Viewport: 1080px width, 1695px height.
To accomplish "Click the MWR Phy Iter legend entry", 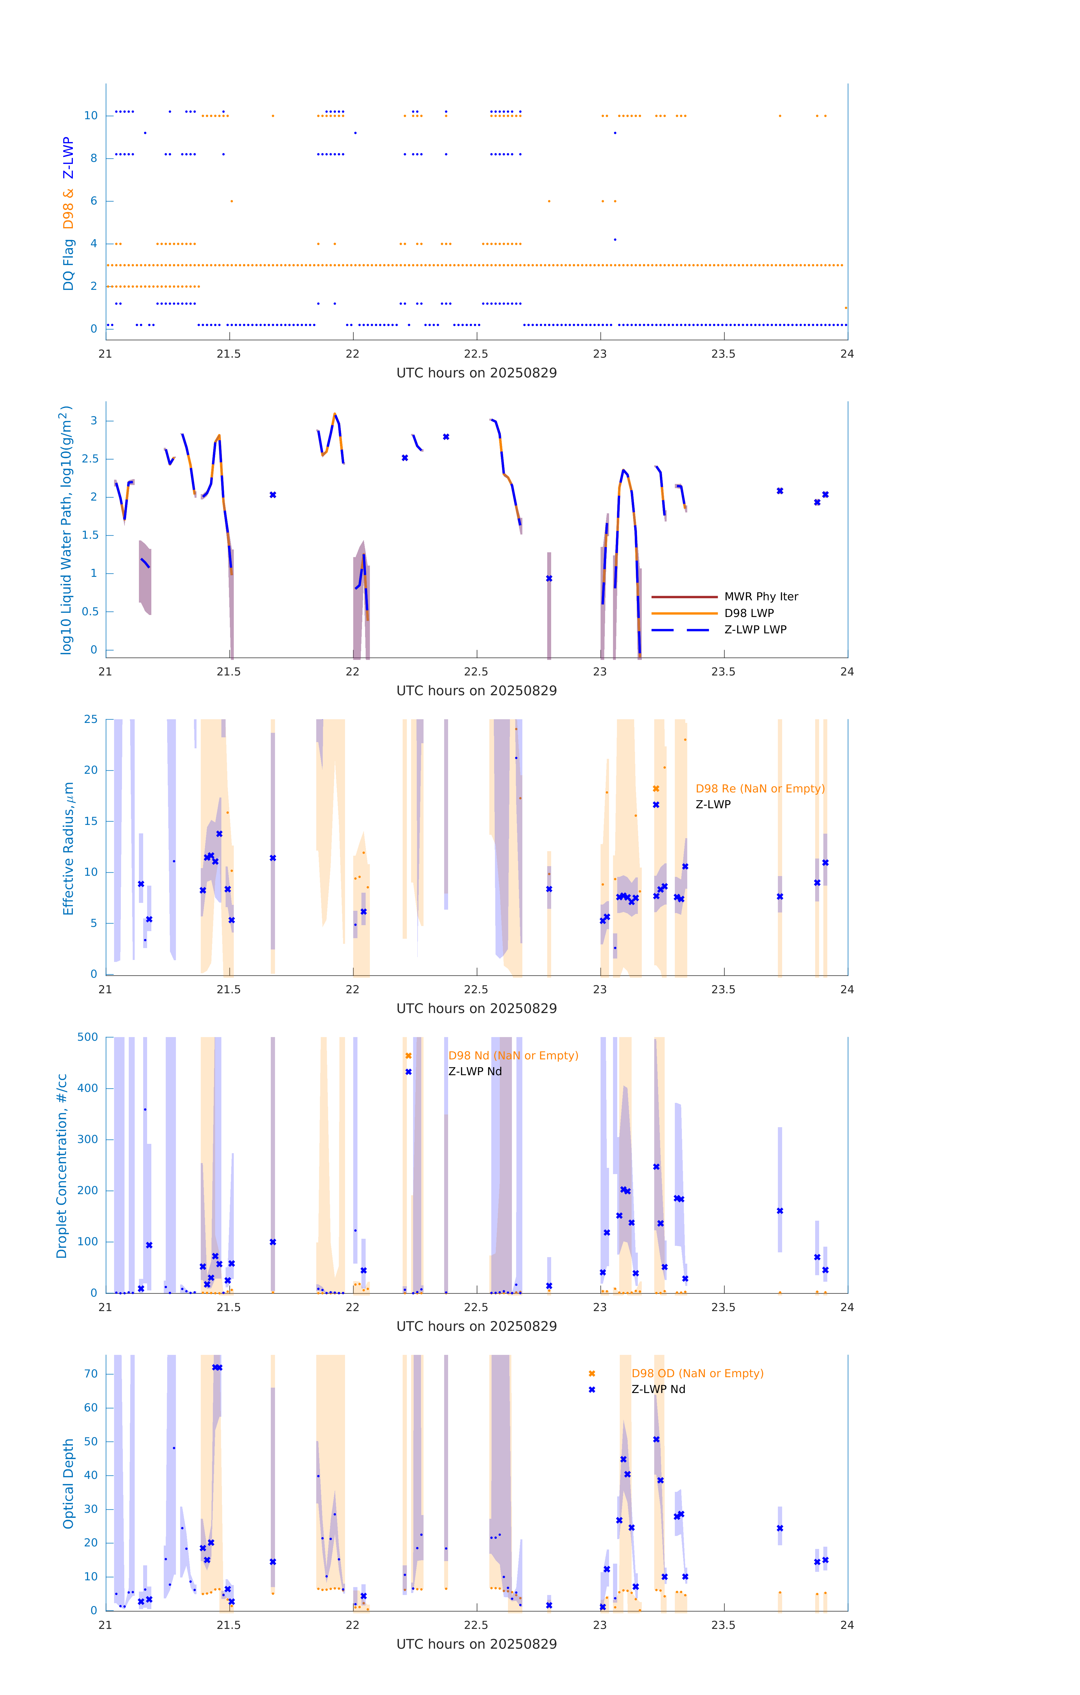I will click(761, 596).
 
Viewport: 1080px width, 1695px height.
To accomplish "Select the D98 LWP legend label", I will click(749, 613).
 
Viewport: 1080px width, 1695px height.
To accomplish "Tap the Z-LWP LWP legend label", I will click(755, 629).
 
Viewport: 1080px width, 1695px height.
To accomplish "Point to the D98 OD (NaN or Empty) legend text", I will click(697, 1373).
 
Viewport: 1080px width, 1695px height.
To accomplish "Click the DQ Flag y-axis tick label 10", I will click(91, 116).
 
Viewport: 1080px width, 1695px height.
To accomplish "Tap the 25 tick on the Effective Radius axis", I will click(91, 720).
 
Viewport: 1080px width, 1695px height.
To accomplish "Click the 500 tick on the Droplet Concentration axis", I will click(88, 1037).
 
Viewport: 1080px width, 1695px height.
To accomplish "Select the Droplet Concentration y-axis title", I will click(62, 1166).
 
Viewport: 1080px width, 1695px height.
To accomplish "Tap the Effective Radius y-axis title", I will click(68, 848).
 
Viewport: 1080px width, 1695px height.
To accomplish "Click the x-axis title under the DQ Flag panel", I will click(476, 373).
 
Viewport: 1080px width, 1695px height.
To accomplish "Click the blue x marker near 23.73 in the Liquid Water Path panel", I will click(780, 491).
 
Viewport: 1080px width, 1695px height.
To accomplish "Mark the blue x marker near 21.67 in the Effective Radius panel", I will click(273, 858).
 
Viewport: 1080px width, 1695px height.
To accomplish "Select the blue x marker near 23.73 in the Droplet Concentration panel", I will click(780, 1211).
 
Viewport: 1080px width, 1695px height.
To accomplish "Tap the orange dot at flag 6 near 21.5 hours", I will click(232, 201).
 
